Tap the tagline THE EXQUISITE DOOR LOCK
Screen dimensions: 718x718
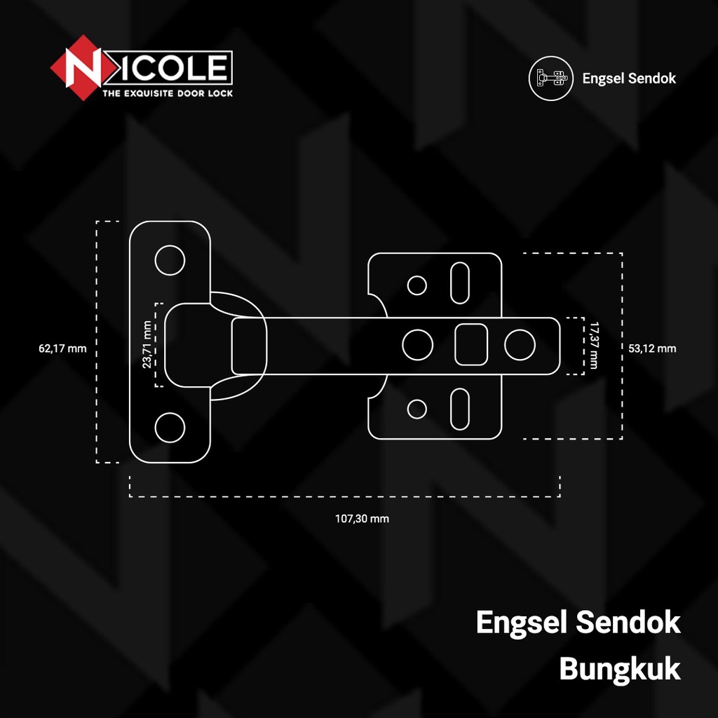[168, 93]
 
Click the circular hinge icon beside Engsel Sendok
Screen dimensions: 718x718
[547, 78]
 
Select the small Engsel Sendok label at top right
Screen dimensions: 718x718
[629, 78]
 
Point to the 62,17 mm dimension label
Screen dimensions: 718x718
[64, 348]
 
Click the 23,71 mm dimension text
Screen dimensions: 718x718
[147, 344]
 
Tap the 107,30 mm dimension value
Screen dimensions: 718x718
[362, 519]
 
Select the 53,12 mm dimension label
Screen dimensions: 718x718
[652, 348]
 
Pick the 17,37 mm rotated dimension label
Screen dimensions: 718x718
[595, 345]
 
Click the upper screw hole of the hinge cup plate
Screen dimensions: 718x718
[170, 260]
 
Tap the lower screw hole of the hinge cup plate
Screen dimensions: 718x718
[170, 427]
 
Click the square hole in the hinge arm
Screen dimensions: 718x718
[471, 344]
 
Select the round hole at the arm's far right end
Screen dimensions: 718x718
[520, 344]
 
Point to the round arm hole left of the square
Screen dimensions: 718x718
[417, 344]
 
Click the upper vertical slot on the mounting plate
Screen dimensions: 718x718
[460, 283]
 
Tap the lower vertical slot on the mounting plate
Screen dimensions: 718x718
[460, 408]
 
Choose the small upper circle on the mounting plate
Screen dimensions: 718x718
[417, 285]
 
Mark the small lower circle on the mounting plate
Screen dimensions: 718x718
[417, 408]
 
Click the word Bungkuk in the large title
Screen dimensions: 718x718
[619, 669]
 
